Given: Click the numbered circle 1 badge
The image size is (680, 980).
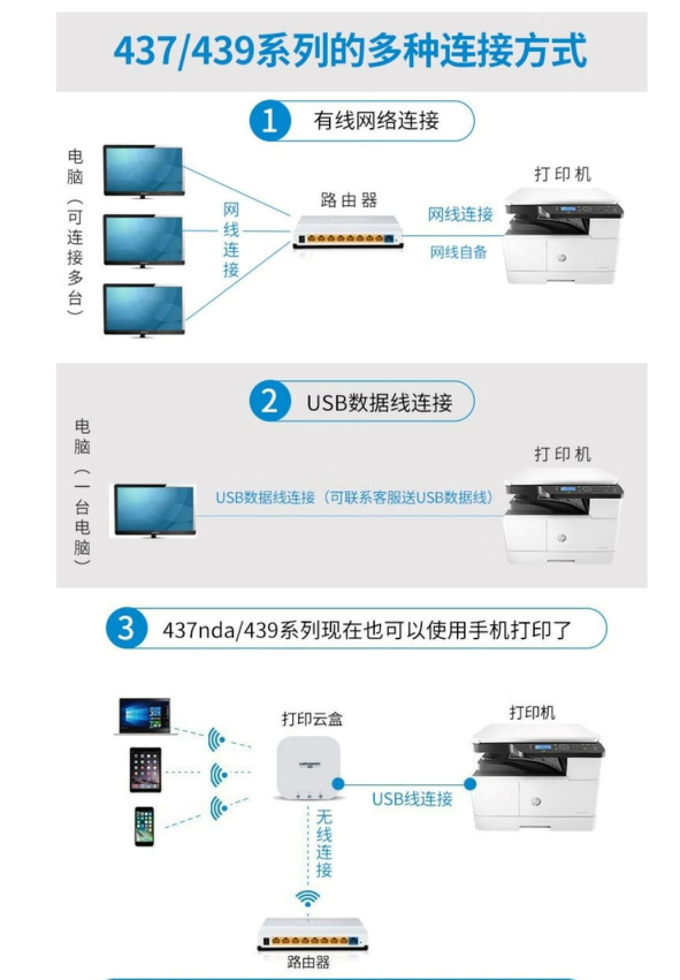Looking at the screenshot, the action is pyautogui.click(x=270, y=121).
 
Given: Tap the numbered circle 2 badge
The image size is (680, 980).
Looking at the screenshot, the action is pyautogui.click(x=270, y=401).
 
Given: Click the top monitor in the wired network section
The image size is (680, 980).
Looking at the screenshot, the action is pyautogui.click(x=143, y=171).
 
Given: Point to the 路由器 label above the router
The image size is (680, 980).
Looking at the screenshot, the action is pyautogui.click(x=349, y=200).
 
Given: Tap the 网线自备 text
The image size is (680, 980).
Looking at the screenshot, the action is pyautogui.click(x=458, y=252).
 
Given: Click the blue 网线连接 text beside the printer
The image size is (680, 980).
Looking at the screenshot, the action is pyautogui.click(x=460, y=214).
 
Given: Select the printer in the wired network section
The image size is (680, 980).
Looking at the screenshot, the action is pyautogui.click(x=563, y=235).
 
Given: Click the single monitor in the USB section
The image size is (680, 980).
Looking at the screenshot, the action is pyautogui.click(x=154, y=511).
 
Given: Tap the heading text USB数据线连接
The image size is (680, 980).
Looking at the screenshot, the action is pyautogui.click(x=379, y=402).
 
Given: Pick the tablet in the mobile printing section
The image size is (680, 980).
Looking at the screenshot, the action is pyautogui.click(x=146, y=770).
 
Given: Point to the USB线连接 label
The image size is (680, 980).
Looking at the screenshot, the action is pyautogui.click(x=412, y=799).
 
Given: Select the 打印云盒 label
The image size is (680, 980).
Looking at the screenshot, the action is pyautogui.click(x=312, y=719).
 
